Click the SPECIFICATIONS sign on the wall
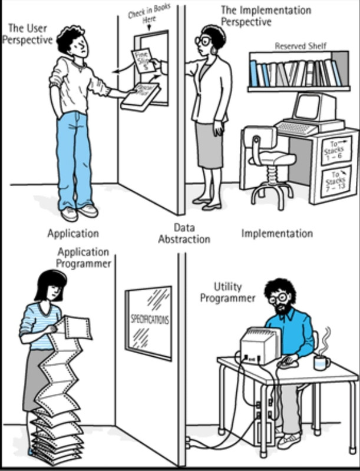(x=148, y=321)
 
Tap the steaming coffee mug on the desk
(x=322, y=361)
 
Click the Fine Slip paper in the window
(x=143, y=60)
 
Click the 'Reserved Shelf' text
(x=300, y=45)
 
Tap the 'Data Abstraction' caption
(x=184, y=233)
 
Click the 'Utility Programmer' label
(x=227, y=293)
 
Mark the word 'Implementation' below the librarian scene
(x=277, y=233)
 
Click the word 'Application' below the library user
(x=73, y=233)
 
